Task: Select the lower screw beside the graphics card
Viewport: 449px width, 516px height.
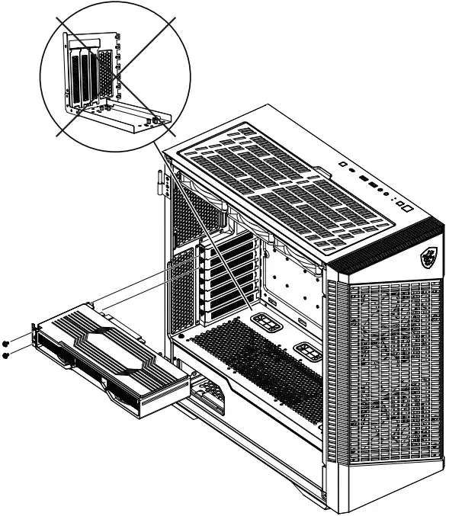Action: click(x=6, y=355)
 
